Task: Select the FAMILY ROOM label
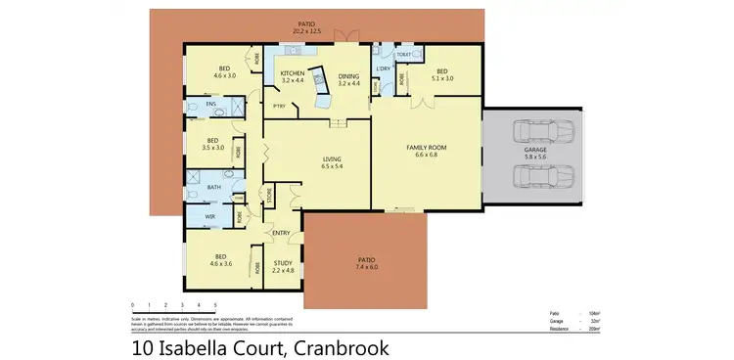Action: pyautogui.click(x=426, y=149)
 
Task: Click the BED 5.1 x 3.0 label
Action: pyautogui.click(x=441, y=73)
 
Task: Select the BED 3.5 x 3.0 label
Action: pyautogui.click(x=212, y=144)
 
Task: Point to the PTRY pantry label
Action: pyautogui.click(x=279, y=106)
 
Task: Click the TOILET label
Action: pyautogui.click(x=403, y=56)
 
